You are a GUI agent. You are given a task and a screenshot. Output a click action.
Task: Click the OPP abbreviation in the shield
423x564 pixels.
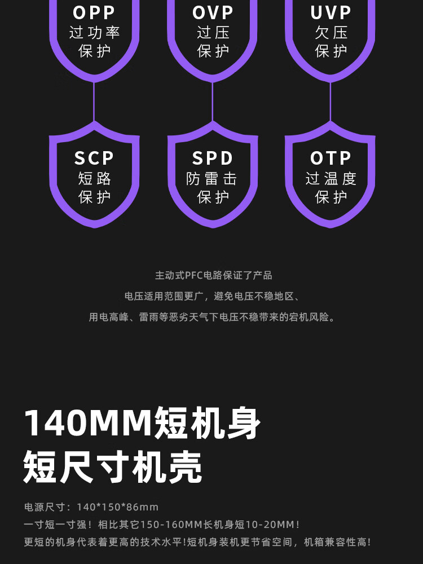point(94,12)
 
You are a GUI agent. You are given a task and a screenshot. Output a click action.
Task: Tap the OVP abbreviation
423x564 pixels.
point(213,12)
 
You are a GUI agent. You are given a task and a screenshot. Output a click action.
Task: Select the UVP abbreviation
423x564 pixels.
point(331,12)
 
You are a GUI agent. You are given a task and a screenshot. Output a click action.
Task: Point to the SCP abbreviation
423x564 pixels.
point(94,158)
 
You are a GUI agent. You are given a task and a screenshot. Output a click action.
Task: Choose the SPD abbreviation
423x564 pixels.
point(213,158)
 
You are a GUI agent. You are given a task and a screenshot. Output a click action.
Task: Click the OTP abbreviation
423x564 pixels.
point(331,158)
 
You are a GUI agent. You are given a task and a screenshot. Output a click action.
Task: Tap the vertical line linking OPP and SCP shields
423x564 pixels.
point(94,102)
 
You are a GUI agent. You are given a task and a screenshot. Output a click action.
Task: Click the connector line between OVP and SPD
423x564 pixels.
point(213,102)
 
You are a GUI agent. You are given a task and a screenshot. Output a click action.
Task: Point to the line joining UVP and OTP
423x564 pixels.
point(331,102)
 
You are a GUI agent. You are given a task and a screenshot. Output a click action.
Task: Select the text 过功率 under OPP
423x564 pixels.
point(94,32)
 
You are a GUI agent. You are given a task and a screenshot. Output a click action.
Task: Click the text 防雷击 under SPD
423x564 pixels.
point(212,179)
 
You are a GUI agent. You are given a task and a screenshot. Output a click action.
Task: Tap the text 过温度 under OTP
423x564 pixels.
point(331,179)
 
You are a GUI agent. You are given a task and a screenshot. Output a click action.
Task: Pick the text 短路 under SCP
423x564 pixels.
point(94,179)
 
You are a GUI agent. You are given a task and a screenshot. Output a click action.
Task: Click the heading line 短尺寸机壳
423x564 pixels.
point(113,466)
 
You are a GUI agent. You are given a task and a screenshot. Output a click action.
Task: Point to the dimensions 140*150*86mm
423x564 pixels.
point(117,507)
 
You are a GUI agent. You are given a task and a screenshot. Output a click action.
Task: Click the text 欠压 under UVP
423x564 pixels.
point(331,32)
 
